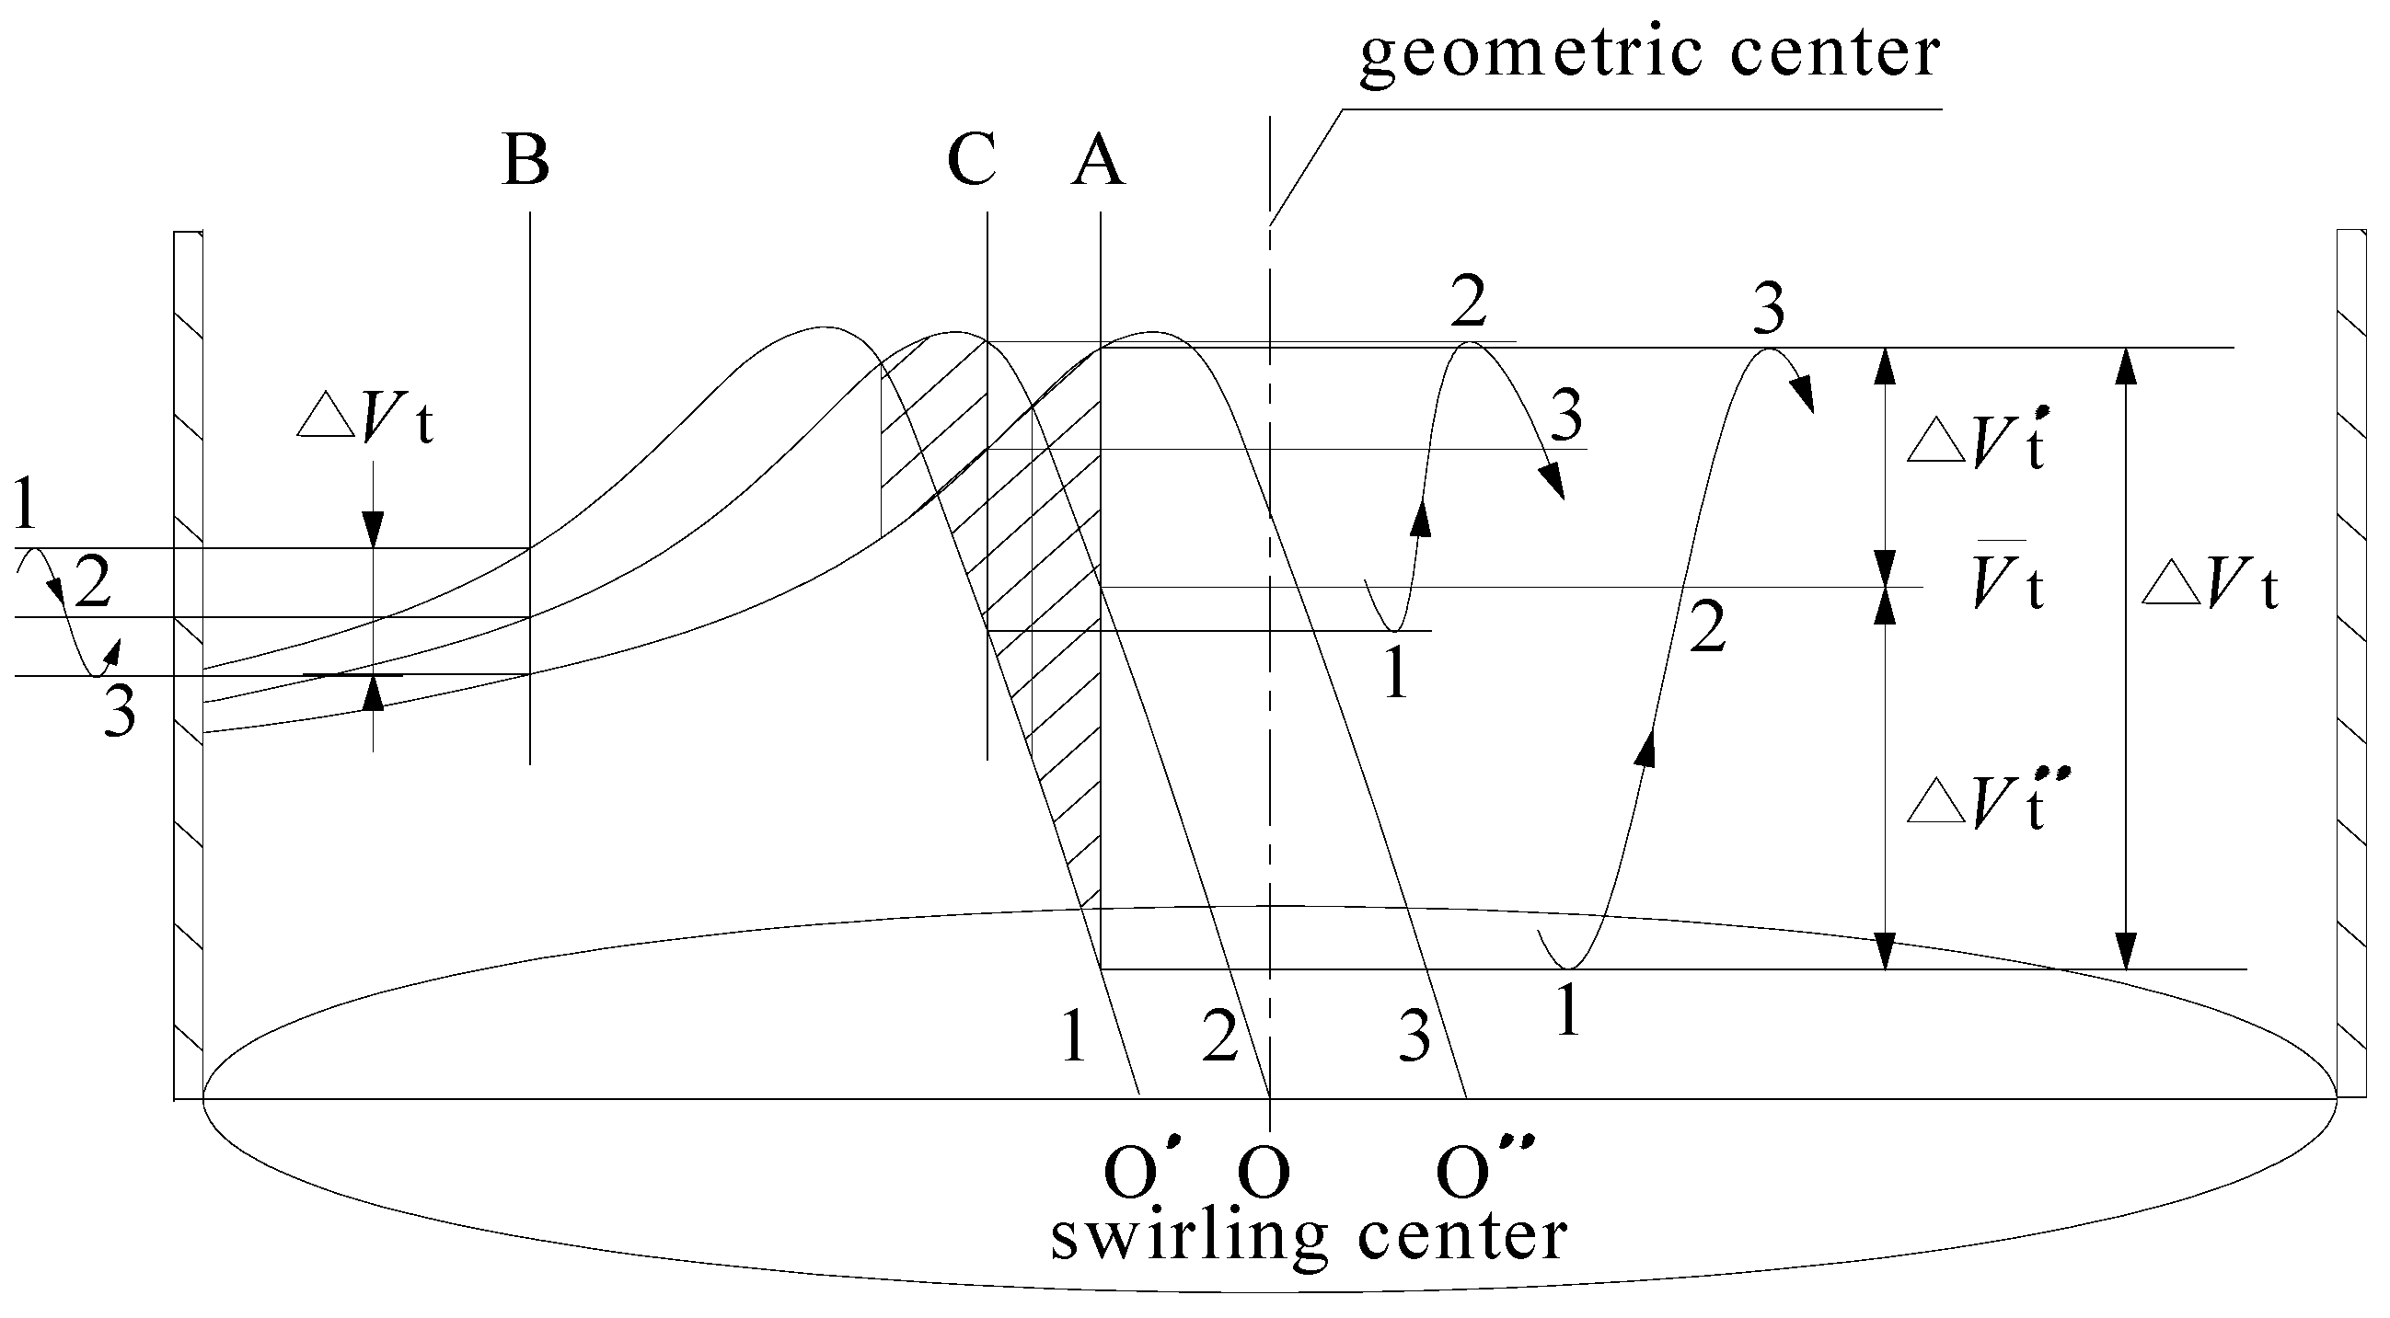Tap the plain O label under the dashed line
coord(1264,1173)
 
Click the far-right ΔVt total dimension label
coord(2209,586)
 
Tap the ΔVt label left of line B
coord(364,422)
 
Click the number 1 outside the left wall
coord(26,507)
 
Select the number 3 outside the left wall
coord(120,716)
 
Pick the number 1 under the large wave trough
coord(1567,1013)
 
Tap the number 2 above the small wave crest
coord(1468,303)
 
